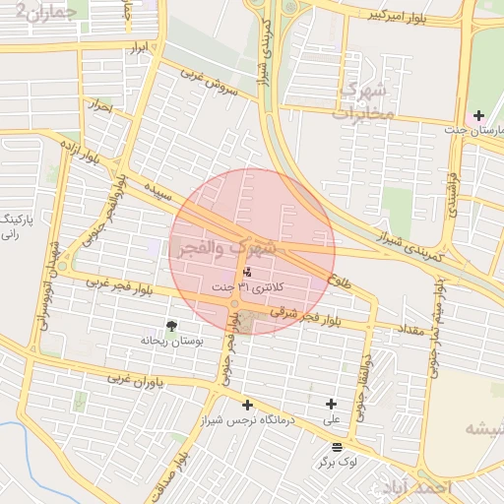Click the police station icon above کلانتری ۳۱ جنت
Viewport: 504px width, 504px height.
(246, 272)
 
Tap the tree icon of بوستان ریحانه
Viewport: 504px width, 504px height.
(172, 326)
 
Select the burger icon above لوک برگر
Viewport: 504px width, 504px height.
(338, 448)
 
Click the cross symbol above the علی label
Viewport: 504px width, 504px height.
(331, 404)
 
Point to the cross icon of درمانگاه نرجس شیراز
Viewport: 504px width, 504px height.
(246, 405)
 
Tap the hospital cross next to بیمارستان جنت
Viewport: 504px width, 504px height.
(478, 115)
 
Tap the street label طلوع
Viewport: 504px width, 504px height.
(340, 279)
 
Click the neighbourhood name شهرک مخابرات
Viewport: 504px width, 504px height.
(363, 101)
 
